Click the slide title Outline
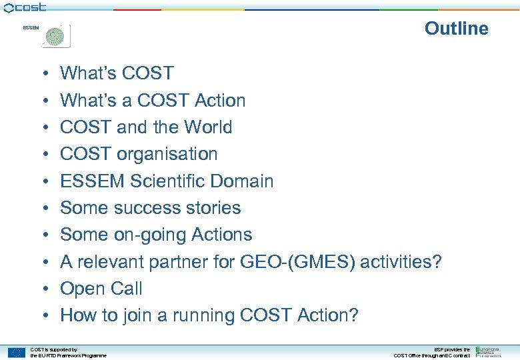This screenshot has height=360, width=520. pyautogui.click(x=456, y=28)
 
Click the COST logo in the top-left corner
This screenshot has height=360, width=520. pyautogui.click(x=25, y=7)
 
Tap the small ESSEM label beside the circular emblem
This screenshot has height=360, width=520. pyautogui.click(x=31, y=28)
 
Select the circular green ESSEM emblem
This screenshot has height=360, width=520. pyautogui.click(x=56, y=35)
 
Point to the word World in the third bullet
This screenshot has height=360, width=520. pyautogui.click(x=208, y=127)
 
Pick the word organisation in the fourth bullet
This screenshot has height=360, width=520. pyautogui.click(x=167, y=154)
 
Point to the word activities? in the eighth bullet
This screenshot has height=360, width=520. pyautogui.click(x=401, y=262)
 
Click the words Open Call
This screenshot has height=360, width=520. pyautogui.click(x=101, y=289)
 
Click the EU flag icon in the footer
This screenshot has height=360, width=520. pyautogui.click(x=17, y=352)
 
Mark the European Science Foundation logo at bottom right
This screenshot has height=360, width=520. pyautogui.click(x=491, y=351)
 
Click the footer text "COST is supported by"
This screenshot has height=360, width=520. pyautogui.click(x=54, y=349)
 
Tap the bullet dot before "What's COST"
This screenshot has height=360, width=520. pyautogui.click(x=41, y=74)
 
